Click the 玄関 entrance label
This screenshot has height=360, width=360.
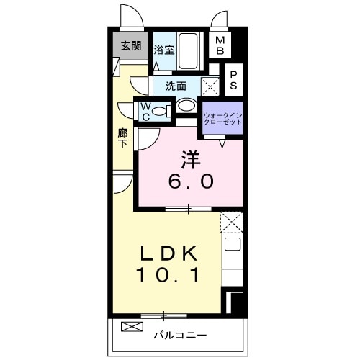131,45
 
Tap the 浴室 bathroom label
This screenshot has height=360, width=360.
164,50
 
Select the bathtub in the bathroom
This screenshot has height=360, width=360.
189,51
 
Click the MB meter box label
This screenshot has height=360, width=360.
220,45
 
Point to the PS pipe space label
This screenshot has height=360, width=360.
233,80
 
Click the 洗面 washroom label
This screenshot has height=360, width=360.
176,86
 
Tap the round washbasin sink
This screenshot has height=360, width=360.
186,105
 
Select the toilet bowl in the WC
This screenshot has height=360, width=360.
159,111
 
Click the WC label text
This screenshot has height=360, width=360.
145,112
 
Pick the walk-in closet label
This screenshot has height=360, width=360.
222,119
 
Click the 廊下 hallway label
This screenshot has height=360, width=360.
122,138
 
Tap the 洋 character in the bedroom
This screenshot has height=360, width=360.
191,159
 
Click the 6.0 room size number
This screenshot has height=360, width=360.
191,181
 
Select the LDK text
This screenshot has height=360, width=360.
169,254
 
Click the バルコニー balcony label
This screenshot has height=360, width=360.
180,335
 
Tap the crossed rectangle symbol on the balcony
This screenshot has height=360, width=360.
132,327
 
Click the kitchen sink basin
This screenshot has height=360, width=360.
233,244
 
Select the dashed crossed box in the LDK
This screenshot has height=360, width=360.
232,222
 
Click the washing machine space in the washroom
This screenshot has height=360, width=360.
210,86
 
